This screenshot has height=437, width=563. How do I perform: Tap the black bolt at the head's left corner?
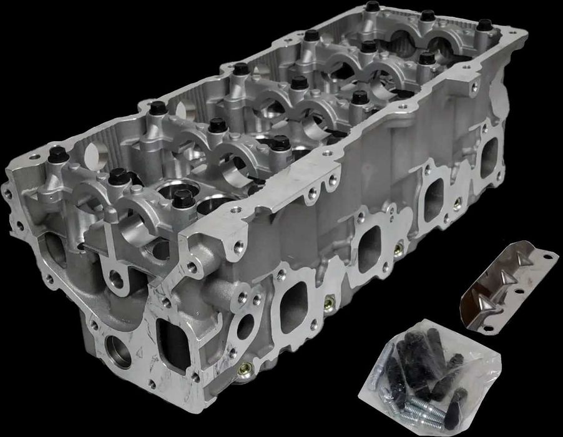[57, 154]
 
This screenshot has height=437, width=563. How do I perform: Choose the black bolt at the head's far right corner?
[484, 26]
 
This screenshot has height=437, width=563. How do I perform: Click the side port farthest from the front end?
[489, 154]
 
